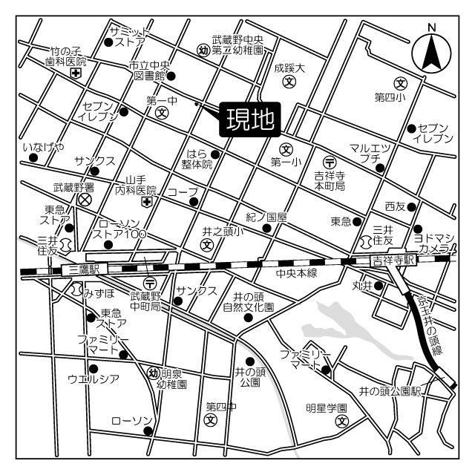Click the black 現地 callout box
click(250, 119)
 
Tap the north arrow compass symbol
click(430, 51)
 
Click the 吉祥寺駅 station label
click(392, 260)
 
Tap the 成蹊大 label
click(289, 67)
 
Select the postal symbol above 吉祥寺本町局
click(330, 161)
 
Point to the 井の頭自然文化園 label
click(248, 300)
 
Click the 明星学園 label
click(327, 408)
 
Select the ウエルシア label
click(94, 379)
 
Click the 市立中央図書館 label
click(148, 70)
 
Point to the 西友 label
click(394, 205)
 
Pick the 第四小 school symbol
click(401, 82)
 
